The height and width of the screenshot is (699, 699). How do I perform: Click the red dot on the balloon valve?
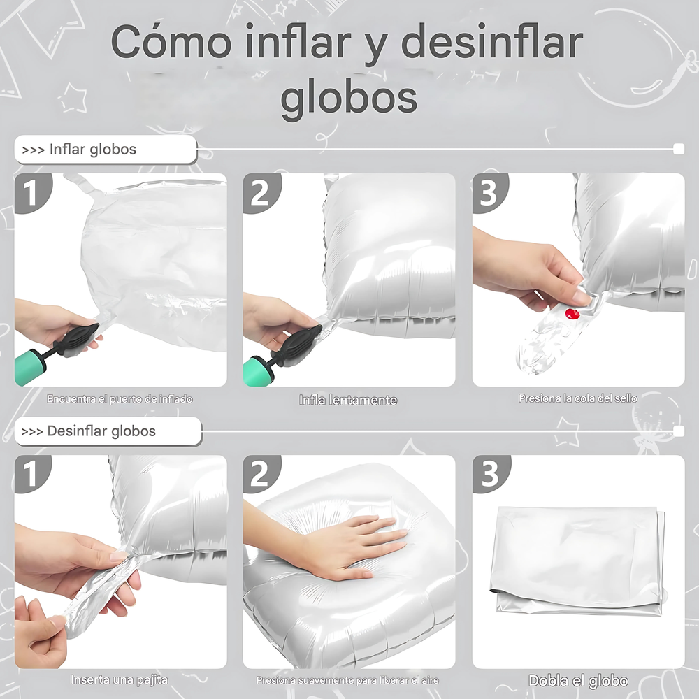pos(572,314)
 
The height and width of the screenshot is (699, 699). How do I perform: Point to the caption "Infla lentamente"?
pos(348,400)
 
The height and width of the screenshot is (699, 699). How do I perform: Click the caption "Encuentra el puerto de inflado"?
pos(120,399)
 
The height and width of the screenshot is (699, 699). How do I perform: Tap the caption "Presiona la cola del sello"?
pos(578,398)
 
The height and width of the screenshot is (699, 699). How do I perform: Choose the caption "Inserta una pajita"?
pos(120,680)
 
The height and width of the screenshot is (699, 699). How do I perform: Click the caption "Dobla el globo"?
pos(578,681)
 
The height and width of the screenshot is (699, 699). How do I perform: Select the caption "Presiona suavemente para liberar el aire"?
pos(347,680)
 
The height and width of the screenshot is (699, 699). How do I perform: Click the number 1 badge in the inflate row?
pos(32,193)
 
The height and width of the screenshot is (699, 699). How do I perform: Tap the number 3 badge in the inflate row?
pos(489,193)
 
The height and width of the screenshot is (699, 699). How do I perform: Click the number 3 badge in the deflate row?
pos(490,473)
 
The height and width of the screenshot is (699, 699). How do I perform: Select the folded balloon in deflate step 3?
pos(578,561)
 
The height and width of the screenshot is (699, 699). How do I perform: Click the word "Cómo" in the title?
pos(171,42)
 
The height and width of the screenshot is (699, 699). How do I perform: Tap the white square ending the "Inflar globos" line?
pos(679,149)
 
